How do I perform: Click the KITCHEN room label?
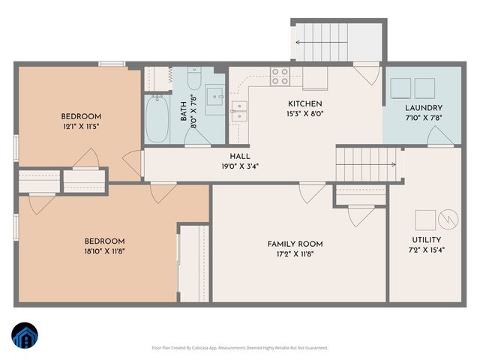pyautogui.click(x=305, y=103)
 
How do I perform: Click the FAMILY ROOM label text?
pyautogui.click(x=295, y=244)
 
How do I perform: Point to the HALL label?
pyautogui.click(x=240, y=156)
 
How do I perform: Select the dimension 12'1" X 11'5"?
pyautogui.click(x=80, y=127)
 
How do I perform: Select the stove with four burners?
pyautogui.click(x=280, y=76)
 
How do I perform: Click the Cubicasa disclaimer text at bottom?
pyautogui.click(x=240, y=347)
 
